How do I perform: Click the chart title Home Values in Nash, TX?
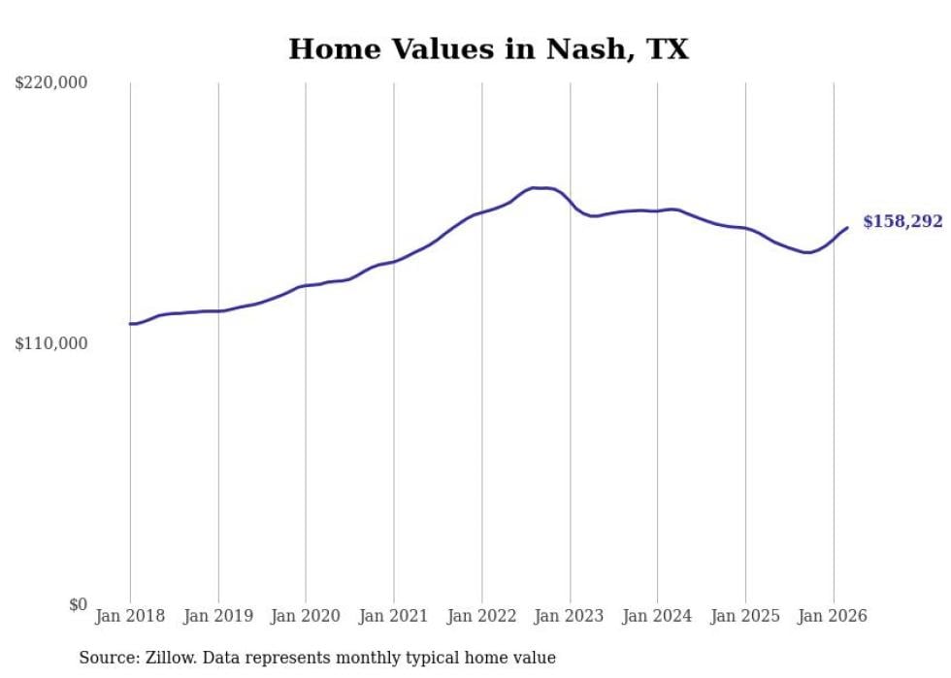488,49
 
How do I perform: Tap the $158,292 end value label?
902,222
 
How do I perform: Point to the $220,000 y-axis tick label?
50,83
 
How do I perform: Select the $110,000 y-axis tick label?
50,343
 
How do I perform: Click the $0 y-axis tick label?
77,604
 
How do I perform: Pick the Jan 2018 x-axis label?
130,616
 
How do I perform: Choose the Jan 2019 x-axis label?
218,616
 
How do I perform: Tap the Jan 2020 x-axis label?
306,616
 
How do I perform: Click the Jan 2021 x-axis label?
394,616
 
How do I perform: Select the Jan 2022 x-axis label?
482,616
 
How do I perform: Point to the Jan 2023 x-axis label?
570,616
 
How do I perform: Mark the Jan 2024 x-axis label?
658,616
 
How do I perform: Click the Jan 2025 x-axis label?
745,616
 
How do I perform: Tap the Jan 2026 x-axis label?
834,616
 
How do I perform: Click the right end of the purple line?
847,228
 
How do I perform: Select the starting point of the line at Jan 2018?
130,324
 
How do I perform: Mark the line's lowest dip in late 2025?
807,252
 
